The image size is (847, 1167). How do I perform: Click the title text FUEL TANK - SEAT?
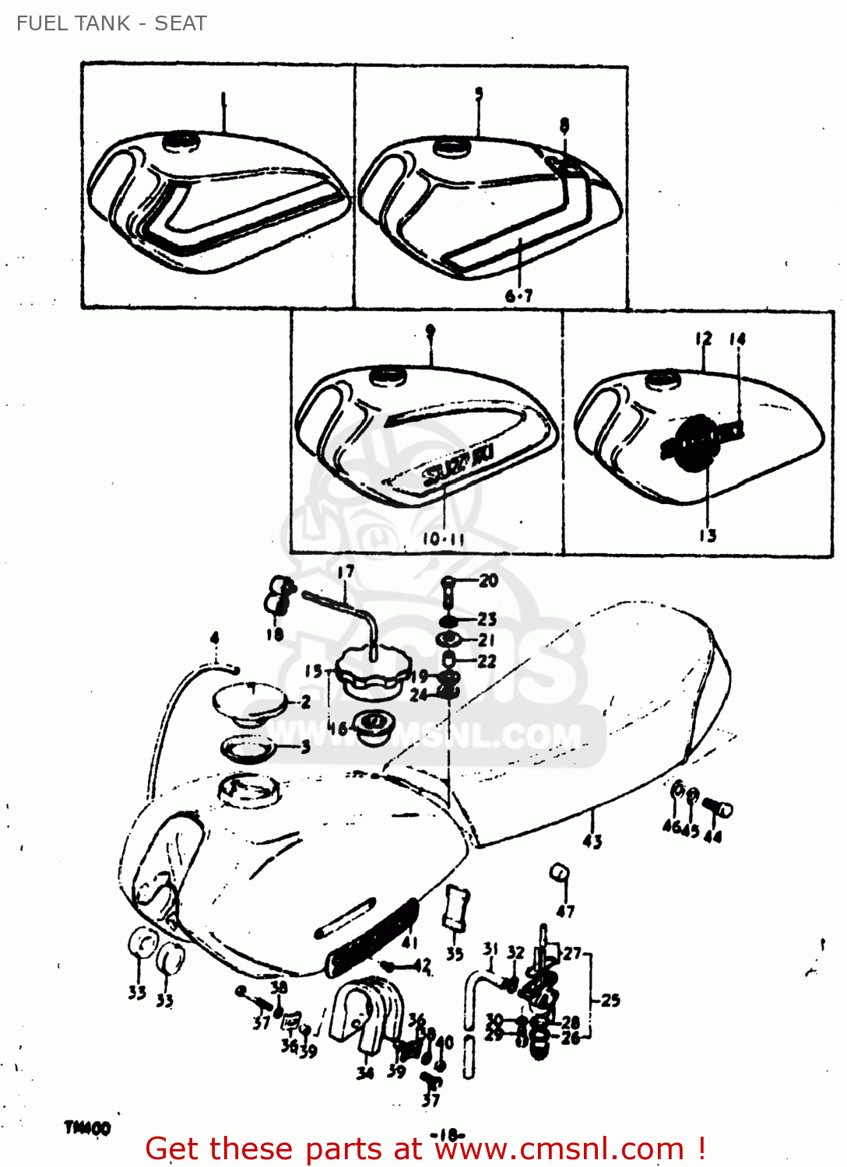click(111, 23)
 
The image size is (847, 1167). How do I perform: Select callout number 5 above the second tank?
click(479, 93)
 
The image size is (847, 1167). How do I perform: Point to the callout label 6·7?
click(518, 296)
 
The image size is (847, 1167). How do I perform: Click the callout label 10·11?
click(443, 538)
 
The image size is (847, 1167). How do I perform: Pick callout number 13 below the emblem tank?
click(707, 535)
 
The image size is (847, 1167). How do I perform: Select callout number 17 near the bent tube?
click(346, 572)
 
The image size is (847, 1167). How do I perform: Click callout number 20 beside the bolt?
click(488, 580)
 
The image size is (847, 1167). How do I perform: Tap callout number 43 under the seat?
click(592, 841)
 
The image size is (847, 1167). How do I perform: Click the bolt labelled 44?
click(718, 808)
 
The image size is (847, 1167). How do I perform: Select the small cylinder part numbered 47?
click(560, 872)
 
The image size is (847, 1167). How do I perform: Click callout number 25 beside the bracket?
click(610, 1001)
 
